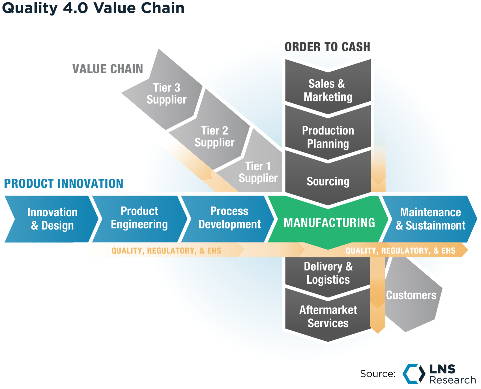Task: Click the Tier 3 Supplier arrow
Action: [x=166, y=93]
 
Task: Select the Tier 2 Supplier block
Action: [x=214, y=136]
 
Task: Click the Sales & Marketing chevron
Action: [x=328, y=90]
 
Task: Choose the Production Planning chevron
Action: [x=328, y=137]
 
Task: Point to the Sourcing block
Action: [x=328, y=181]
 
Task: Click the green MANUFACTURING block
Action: [x=329, y=223]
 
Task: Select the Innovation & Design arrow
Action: [x=52, y=219]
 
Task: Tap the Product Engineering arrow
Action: [x=139, y=218]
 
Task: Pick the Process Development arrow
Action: [x=229, y=218]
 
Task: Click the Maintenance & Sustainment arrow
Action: [x=430, y=219]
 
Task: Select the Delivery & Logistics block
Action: [x=328, y=273]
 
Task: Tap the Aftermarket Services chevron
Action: [x=328, y=317]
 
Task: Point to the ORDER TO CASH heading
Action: [x=327, y=47]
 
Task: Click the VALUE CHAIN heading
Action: [x=108, y=69]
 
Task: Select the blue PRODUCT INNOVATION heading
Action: [x=63, y=183]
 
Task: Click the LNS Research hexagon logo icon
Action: [x=414, y=374]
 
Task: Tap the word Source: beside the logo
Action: [x=378, y=374]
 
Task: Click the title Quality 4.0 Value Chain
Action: [x=93, y=8]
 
